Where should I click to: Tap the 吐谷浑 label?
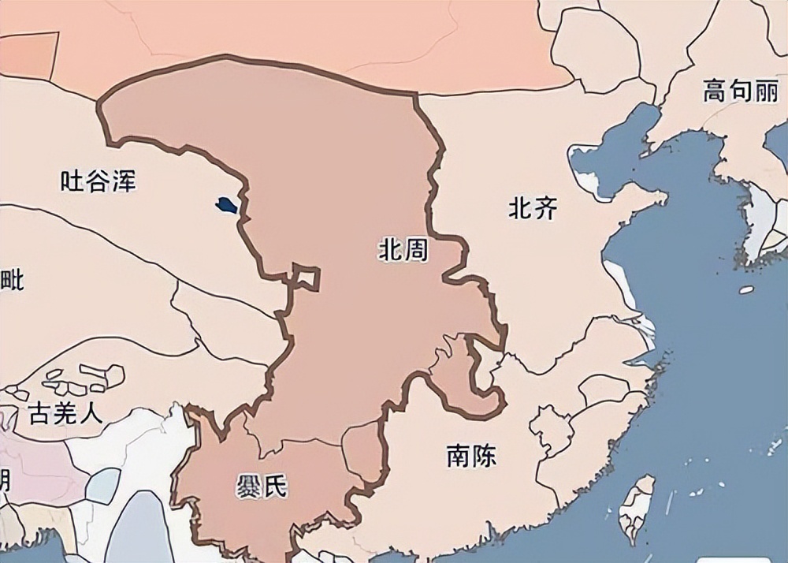tap(98, 181)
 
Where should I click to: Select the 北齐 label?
tap(533, 208)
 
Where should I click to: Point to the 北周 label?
tap(403, 252)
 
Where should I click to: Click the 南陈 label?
tap(471, 456)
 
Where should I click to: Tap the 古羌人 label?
tap(65, 412)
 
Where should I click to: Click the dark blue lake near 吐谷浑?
tap(226, 206)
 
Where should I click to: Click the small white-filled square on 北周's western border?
tap(306, 277)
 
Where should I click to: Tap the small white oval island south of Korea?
tap(745, 290)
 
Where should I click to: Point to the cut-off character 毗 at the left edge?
tap(12, 278)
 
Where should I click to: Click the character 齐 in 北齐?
tap(545, 208)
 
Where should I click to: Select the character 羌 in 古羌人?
tap(65, 412)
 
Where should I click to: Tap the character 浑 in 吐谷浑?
tap(124, 181)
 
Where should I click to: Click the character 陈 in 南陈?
tap(484, 456)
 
